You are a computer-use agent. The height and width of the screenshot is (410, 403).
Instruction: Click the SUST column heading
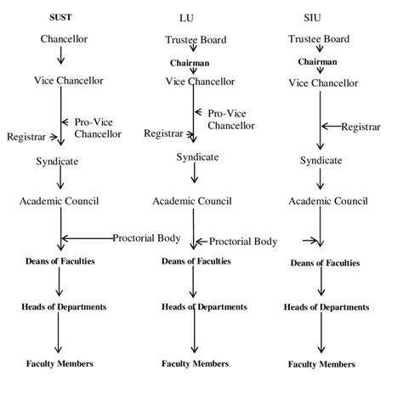60,16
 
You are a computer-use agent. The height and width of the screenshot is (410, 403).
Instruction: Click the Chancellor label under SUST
63,39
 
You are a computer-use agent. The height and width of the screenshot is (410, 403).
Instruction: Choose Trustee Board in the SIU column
320,39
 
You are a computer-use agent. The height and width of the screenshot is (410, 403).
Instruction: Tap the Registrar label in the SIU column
360,127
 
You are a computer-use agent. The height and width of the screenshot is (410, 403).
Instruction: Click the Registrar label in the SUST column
26,136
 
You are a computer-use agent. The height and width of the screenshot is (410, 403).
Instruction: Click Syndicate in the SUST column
60,161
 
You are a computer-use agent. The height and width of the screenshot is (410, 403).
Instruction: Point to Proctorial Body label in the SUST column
145,238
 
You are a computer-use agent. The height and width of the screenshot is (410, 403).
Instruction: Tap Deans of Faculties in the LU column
195,261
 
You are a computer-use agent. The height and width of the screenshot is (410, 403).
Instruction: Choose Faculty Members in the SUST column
60,363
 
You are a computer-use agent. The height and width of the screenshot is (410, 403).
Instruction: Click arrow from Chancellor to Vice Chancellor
61,57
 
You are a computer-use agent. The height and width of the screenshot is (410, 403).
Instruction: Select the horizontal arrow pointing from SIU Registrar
331,127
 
